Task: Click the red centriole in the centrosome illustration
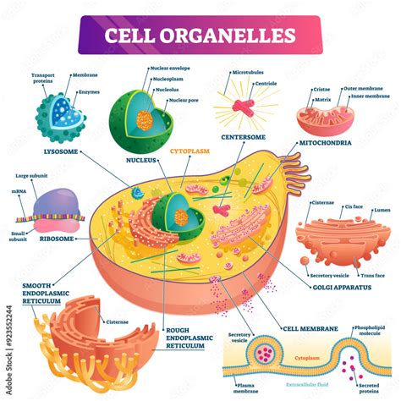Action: pos(246,107)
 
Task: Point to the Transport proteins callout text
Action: pos(43,79)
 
